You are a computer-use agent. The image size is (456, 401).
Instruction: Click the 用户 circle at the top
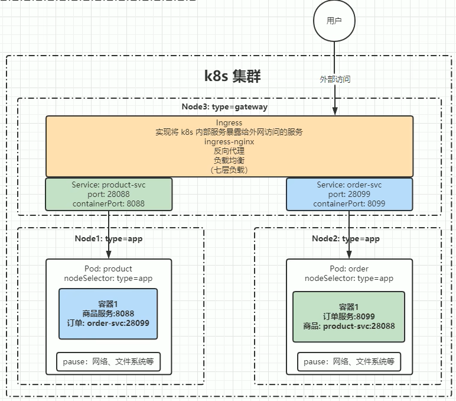coord(334,21)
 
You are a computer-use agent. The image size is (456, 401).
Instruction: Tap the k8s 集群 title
coord(232,76)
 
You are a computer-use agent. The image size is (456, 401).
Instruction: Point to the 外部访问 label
coord(335,79)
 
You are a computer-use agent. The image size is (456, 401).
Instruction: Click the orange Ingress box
coord(229,146)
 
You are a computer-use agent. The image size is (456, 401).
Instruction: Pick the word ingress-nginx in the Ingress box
coord(229,142)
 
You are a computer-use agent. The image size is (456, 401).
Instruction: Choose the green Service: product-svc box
coord(108,194)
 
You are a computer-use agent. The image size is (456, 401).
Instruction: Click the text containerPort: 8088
coord(108,203)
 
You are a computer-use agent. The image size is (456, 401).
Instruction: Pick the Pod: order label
coord(348,269)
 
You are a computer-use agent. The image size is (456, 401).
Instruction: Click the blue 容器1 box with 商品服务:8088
coord(108,313)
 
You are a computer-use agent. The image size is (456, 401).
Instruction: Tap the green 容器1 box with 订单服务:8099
coord(348,316)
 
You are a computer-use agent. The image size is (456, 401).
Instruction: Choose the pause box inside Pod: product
coord(108,362)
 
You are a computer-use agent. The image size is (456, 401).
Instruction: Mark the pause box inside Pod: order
coord(348,361)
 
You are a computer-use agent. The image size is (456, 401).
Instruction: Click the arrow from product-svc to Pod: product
coord(109,234)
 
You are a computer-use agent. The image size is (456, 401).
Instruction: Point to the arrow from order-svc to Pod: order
coord(349,234)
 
